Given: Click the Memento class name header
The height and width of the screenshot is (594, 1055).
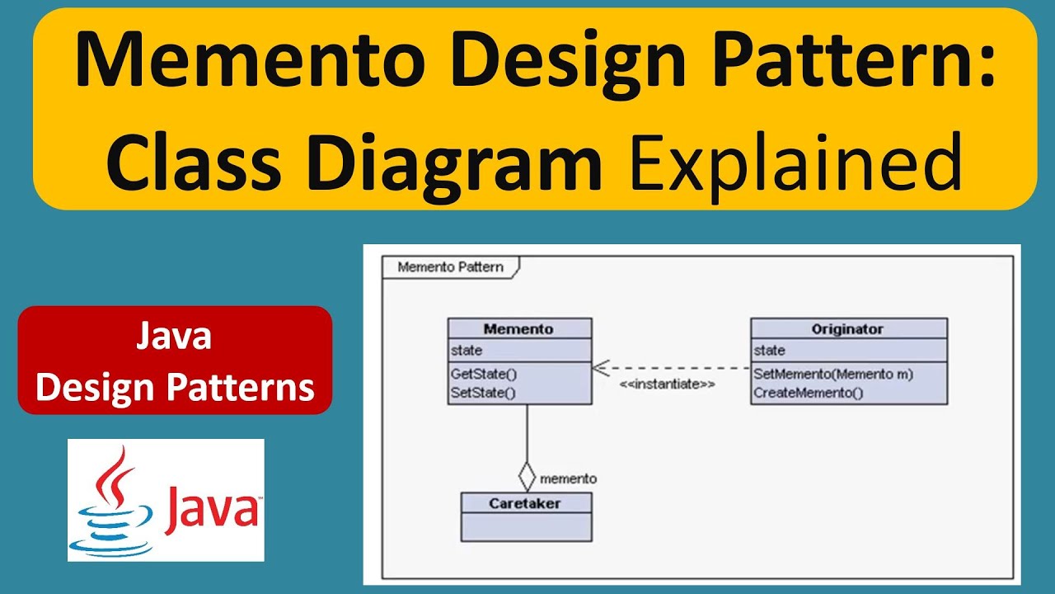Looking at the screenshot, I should pos(518,328).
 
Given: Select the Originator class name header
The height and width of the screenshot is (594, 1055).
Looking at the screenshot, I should pos(848,328).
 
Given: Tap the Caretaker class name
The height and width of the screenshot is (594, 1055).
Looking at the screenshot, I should pos(526,503).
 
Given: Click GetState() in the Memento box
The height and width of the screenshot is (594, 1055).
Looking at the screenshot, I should pos(484,374).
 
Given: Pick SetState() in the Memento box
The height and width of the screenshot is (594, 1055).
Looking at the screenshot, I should pos(483,393).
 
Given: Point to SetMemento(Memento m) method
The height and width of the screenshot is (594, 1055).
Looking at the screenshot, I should pos(833,374).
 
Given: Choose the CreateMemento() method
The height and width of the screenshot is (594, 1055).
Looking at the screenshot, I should pos(808,393).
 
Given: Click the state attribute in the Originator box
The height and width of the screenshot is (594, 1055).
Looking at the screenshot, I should pos(770,351).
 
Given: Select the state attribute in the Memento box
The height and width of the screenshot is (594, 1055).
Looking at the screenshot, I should pos(467,351).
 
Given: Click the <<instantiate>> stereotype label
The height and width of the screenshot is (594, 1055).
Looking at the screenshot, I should pos(667,384).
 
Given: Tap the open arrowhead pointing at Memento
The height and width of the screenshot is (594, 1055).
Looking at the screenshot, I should pos(601,368).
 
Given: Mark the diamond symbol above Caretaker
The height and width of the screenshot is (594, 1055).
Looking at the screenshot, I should pos(527,477).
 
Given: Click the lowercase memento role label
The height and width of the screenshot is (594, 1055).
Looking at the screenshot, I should pos(568,478).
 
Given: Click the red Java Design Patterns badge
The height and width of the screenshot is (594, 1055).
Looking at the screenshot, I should pos(175,361).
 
